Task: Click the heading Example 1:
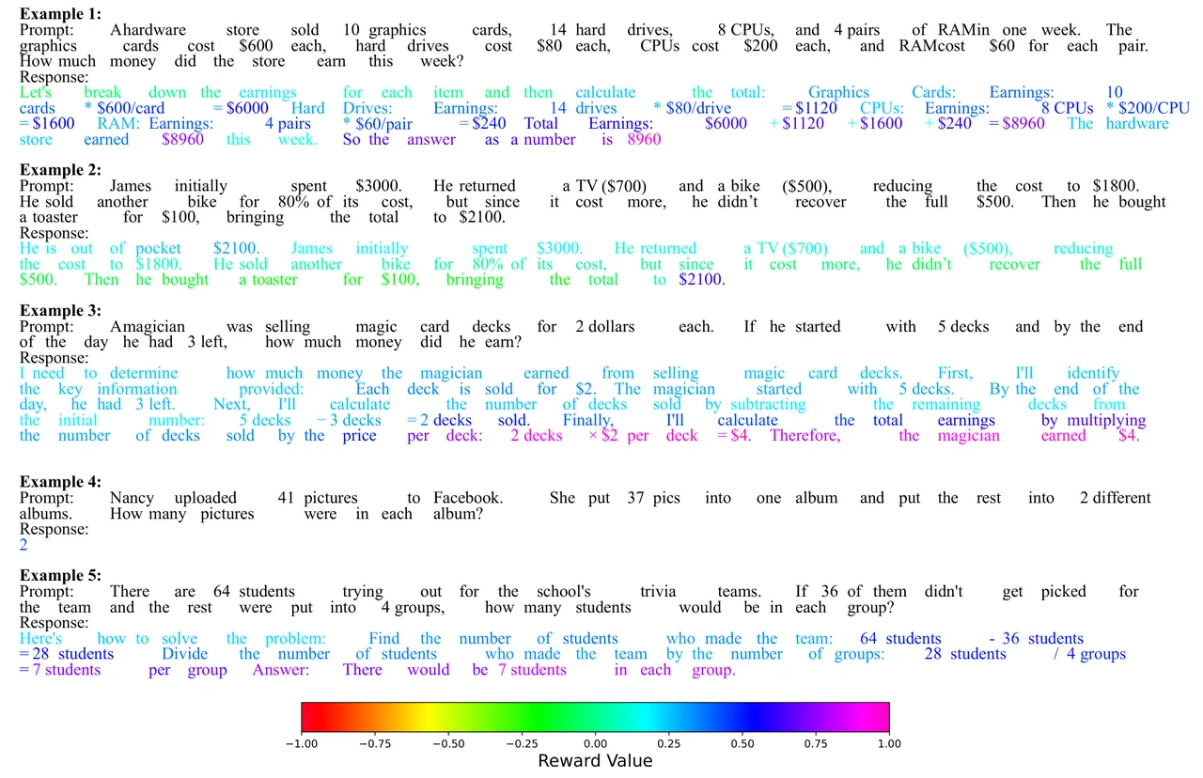click(x=60, y=13)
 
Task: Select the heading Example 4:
click(x=60, y=482)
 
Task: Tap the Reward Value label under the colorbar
click(x=595, y=761)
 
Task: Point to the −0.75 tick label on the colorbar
click(x=375, y=743)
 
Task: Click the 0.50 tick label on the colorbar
click(x=742, y=743)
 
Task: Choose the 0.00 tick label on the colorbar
click(x=595, y=743)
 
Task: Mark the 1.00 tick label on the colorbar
click(x=889, y=743)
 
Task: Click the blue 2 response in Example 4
click(x=23, y=545)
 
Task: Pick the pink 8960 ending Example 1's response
click(x=644, y=140)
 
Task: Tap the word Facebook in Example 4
click(x=468, y=498)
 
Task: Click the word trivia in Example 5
click(x=658, y=592)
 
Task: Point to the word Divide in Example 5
click(x=185, y=654)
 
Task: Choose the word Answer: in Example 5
click(x=281, y=670)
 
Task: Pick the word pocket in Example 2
click(x=158, y=249)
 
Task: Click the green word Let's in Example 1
click(x=36, y=92)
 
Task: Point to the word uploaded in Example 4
click(x=206, y=498)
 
